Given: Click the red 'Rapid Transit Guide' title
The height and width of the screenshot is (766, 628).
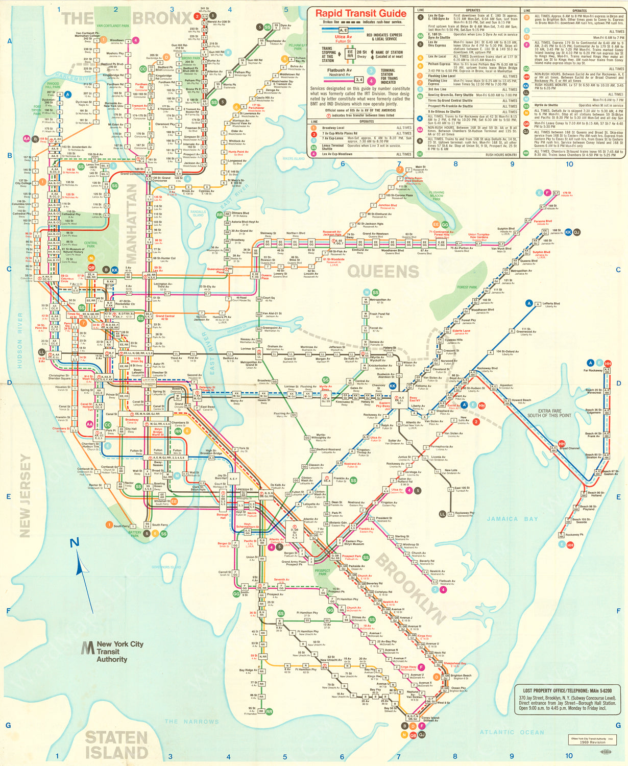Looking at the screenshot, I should coord(360,13).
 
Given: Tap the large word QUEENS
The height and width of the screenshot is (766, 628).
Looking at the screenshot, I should coord(383,272).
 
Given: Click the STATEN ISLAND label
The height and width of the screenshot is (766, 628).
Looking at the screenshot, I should coord(116,745).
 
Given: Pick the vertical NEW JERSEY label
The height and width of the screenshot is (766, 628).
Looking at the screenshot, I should coord(25,496).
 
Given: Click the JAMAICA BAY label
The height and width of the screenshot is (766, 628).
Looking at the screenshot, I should coord(512,519).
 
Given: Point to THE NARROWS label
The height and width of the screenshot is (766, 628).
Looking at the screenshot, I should coord(191,722).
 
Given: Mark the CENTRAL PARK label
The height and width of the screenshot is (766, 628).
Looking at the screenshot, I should coord(91,245).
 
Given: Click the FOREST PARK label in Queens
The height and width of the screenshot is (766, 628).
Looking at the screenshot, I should coord(467,287).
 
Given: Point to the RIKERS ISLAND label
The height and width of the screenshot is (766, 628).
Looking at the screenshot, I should coord(293,159).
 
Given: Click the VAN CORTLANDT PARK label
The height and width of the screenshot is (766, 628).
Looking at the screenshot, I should coord(113,26).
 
